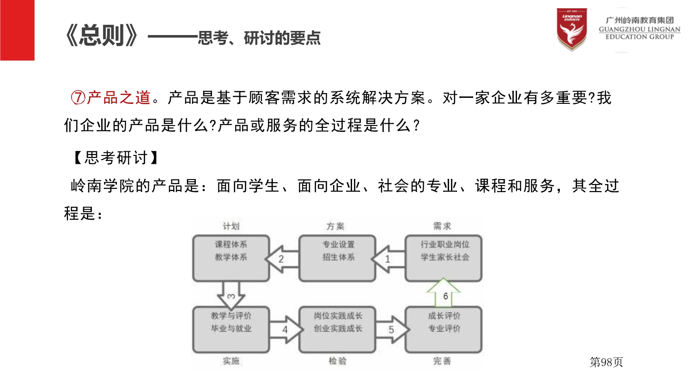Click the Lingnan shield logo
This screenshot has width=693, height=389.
[571, 29]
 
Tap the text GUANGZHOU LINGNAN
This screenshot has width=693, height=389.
[639, 29]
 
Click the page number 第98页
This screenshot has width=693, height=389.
[606, 362]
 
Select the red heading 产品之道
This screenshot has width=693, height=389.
[119, 98]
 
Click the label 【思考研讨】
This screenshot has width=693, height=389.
[116, 158]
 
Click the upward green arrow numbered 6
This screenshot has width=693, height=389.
[444, 294]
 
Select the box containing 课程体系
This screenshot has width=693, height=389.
[231, 258]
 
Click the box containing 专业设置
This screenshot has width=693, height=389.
[338, 258]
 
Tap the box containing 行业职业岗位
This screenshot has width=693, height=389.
[444, 258]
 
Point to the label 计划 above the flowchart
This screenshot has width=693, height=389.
[231, 226]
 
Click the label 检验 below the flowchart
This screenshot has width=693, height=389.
[338, 361]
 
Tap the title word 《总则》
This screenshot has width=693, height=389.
[102, 36]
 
